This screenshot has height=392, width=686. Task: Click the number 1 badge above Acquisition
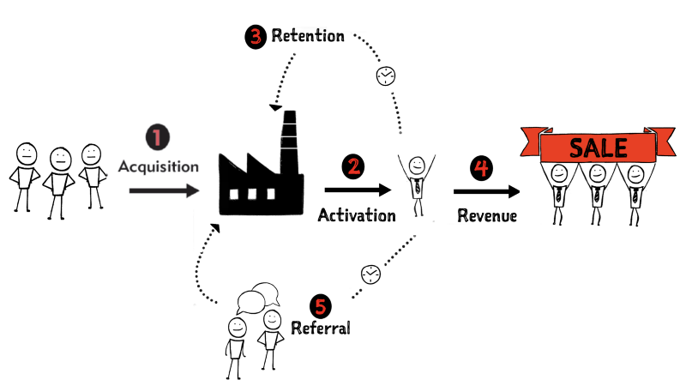click(x=158, y=136)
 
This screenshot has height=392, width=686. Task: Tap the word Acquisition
click(x=159, y=165)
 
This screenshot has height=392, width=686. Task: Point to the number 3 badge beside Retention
click(x=256, y=36)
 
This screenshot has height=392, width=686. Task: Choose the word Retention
click(x=308, y=36)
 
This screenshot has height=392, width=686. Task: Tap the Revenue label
click(x=486, y=215)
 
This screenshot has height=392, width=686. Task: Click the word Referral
click(x=321, y=328)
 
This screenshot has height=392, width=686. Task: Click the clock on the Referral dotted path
click(x=370, y=273)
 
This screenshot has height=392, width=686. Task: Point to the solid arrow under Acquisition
click(x=163, y=191)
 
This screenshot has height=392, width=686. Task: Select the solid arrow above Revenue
click(x=486, y=191)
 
